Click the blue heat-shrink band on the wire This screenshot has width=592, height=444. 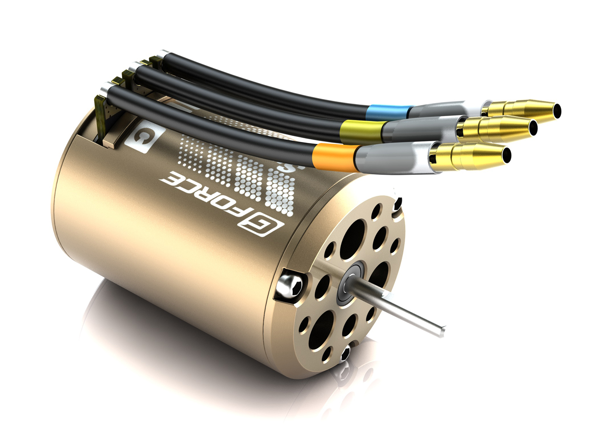coord(388,112)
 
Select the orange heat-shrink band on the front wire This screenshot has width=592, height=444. coord(336,154)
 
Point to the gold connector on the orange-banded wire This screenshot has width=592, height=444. coord(472,154)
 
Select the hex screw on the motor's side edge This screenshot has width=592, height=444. coord(291,285)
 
